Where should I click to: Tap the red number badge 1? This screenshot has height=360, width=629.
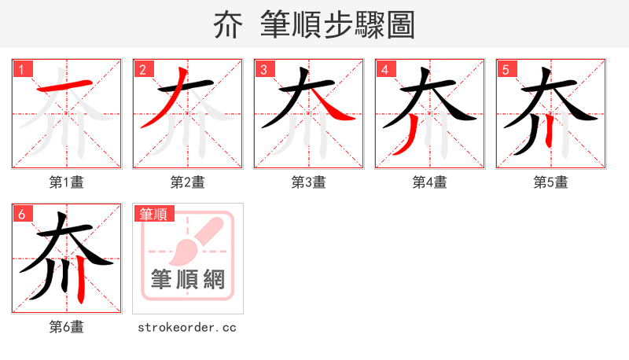[22, 69]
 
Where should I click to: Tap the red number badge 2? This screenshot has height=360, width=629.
[143, 69]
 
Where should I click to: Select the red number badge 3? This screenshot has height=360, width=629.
[264, 69]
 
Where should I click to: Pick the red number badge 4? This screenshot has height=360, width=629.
[385, 69]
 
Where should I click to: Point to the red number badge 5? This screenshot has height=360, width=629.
[506, 69]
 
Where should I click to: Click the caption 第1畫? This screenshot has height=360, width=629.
[67, 182]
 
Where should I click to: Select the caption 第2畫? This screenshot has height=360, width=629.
[188, 182]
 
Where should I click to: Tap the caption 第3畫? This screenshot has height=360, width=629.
[309, 182]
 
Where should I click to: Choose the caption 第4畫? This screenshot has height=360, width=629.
[430, 182]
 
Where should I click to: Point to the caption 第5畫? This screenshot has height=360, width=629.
[551, 182]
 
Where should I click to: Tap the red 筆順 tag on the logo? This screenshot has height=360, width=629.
[154, 214]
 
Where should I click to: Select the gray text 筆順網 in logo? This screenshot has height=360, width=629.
[188, 279]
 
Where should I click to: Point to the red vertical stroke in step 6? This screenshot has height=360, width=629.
[82, 286]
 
